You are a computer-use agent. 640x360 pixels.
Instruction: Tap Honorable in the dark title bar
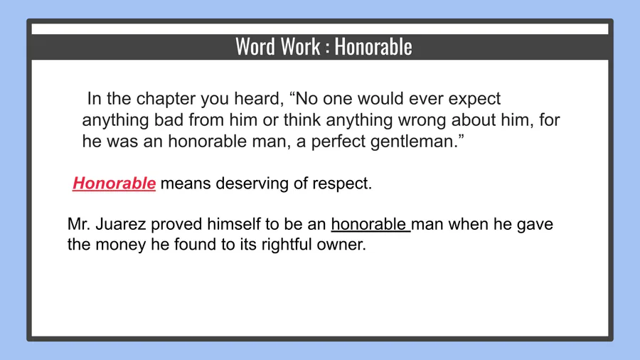373,46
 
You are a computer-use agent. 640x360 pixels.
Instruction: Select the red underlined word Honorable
114,184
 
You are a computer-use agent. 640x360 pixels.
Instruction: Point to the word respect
342,184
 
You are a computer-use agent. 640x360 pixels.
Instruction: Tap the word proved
176,225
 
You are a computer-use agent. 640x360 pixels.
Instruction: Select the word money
121,245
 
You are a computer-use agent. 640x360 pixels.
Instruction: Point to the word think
302,120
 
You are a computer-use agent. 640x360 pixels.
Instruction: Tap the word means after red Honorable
186,184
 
